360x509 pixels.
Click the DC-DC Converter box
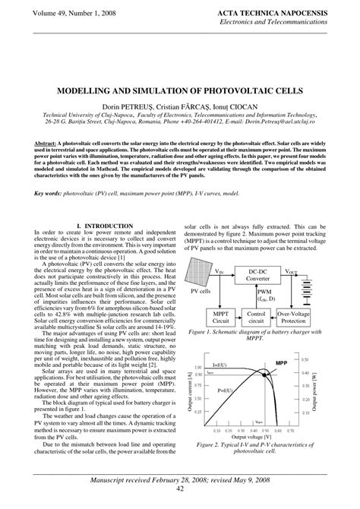261,275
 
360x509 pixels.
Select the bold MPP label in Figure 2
282,363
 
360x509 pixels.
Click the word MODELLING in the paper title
91,89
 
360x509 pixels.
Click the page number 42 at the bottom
180,500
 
